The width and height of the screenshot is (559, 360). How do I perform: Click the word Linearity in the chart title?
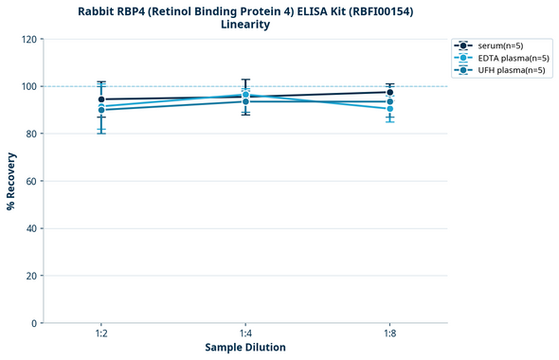tap(245, 25)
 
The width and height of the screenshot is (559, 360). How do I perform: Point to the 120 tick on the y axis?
tap(28, 40)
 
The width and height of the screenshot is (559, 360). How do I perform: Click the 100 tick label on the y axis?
tap(28, 87)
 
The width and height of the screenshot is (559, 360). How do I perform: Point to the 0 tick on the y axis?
tap(34, 323)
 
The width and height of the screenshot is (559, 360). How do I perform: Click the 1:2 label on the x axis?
tap(101, 334)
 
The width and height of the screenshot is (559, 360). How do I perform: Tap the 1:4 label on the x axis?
tap(245, 334)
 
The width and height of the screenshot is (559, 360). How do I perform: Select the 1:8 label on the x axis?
tap(389, 334)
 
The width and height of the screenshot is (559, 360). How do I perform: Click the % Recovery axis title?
tap(11, 181)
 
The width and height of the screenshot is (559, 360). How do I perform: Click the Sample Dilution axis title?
tap(245, 348)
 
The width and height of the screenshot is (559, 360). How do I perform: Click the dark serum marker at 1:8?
tap(389, 93)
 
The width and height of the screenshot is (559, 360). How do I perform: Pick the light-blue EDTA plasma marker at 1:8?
tap(389, 109)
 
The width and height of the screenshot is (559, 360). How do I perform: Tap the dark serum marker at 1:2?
tap(101, 99)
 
